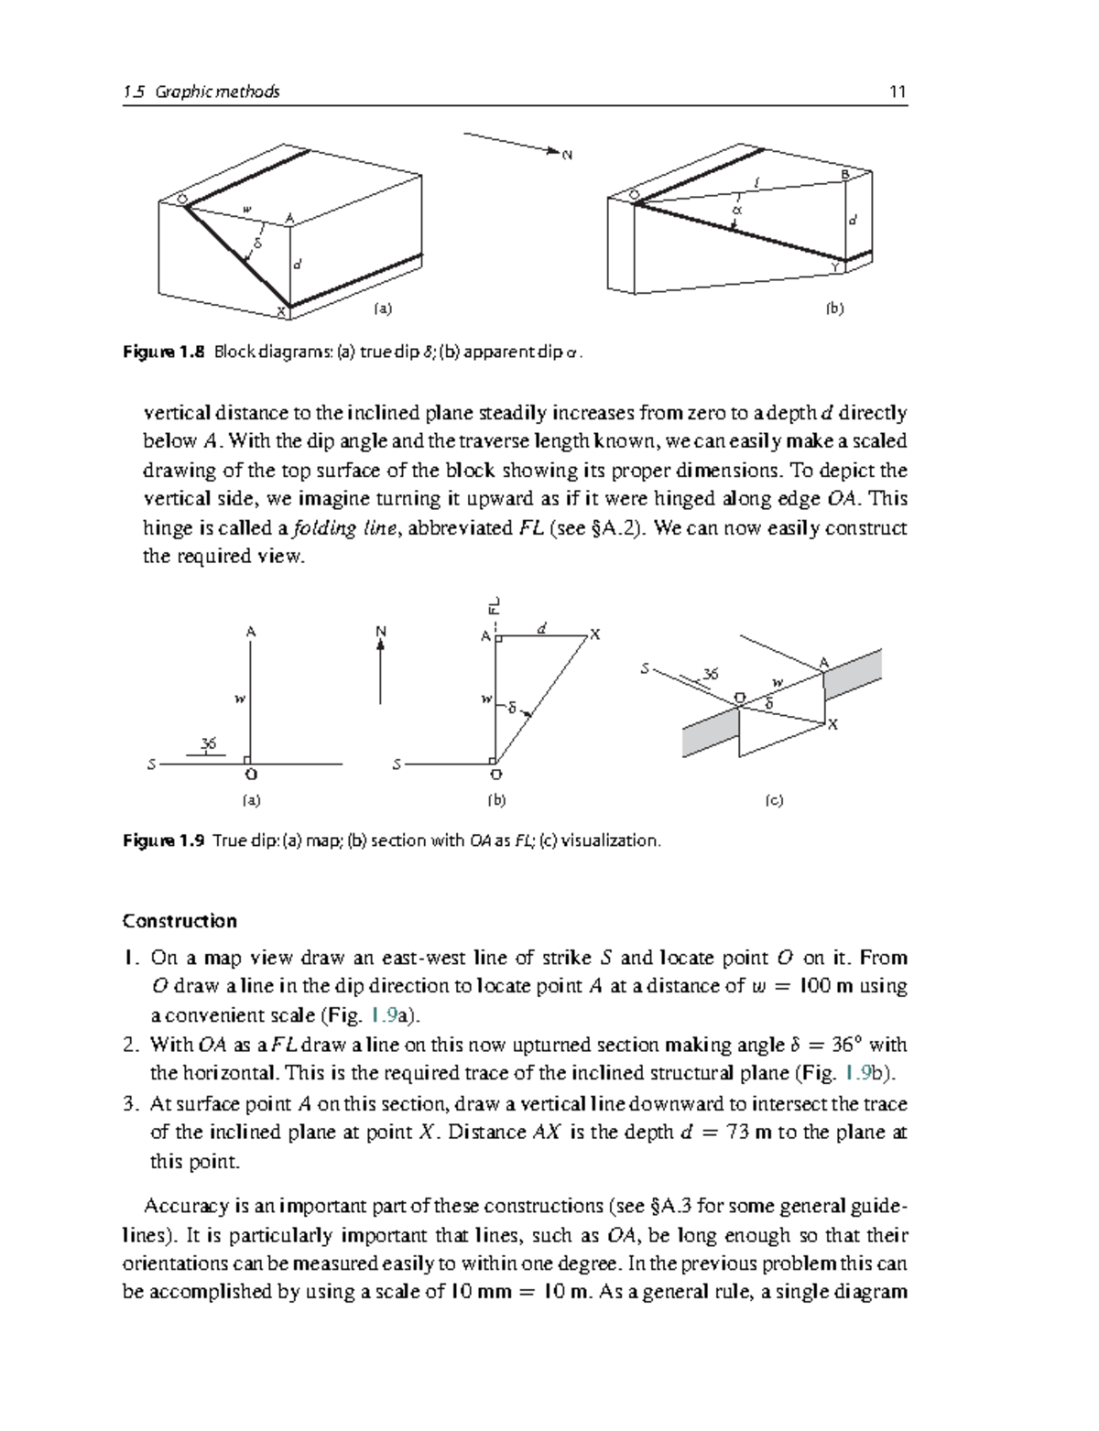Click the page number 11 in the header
(x=898, y=92)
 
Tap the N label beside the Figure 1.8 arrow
(x=567, y=155)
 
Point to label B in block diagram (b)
(x=845, y=174)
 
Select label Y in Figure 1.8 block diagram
(x=835, y=266)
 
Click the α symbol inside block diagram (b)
(x=734, y=211)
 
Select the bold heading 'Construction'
(x=180, y=921)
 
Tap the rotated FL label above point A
(x=494, y=605)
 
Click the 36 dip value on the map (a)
(x=209, y=743)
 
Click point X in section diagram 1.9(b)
(x=595, y=634)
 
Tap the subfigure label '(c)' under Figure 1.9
(x=774, y=800)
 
